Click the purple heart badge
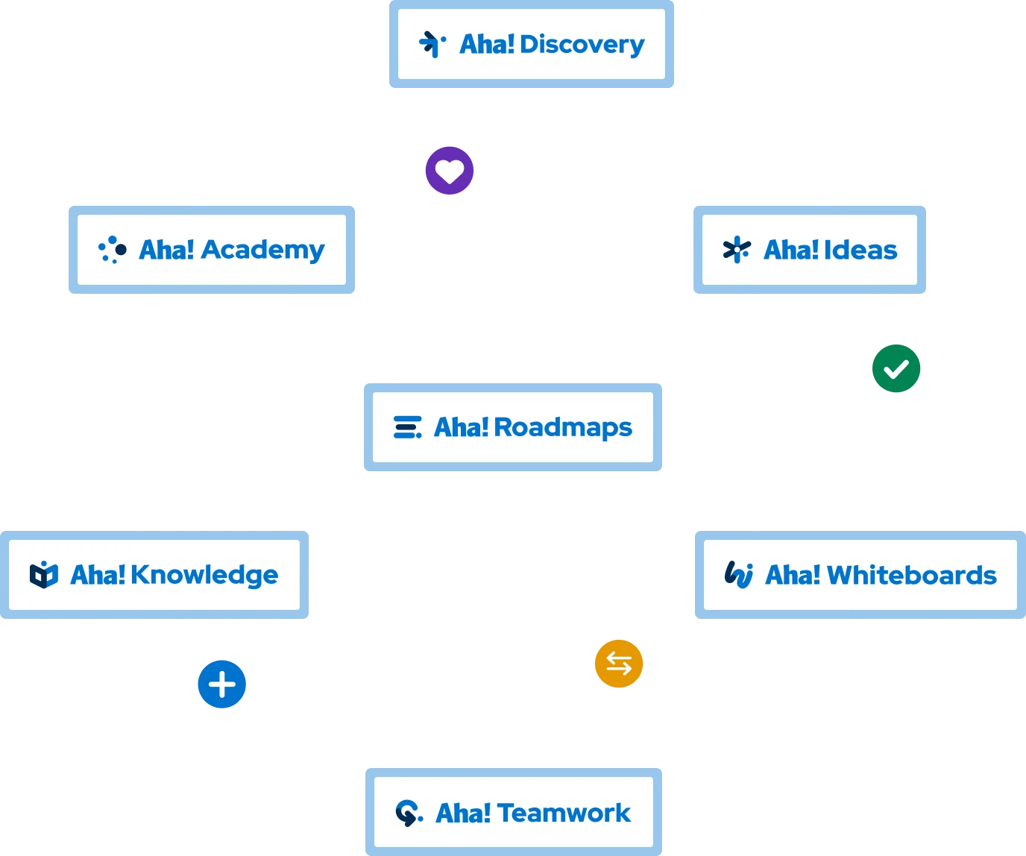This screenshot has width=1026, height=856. coord(450,171)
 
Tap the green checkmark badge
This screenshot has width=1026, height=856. coord(896,368)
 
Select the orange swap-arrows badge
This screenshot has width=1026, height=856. coord(619,663)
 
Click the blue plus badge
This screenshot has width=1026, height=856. coord(222,684)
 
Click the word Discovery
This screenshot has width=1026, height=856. coord(582,45)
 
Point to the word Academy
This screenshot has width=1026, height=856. coord(262,250)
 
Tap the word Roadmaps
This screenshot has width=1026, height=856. coord(563,427)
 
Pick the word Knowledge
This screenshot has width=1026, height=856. coord(204,575)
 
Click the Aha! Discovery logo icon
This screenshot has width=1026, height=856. coord(432,44)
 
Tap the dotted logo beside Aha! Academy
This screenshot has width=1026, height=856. coord(113,250)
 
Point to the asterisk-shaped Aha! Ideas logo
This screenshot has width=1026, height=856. coord(737,250)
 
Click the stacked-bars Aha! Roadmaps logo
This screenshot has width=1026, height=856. coord(407,427)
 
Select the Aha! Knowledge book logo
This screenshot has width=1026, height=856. coord(44,575)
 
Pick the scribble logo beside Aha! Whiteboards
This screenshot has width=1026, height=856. coord(738,574)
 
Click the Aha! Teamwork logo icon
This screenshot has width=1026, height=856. coord(409,813)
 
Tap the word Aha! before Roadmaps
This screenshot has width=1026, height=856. coord(461,427)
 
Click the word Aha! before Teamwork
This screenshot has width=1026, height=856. coord(463,813)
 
